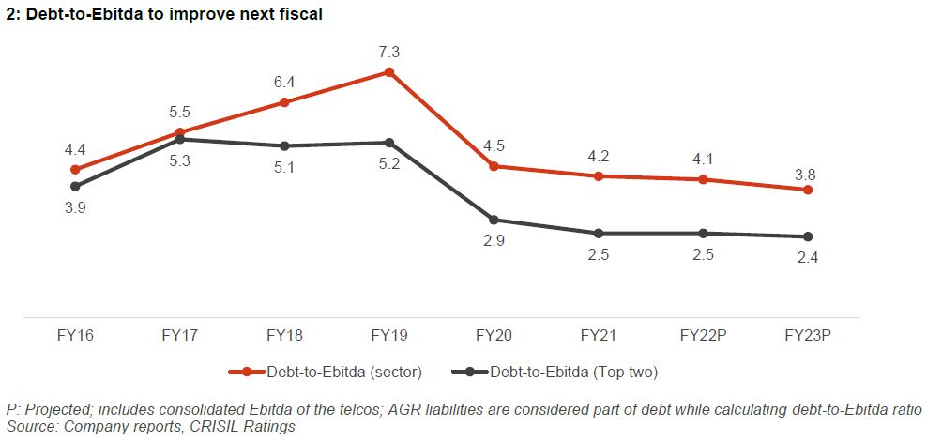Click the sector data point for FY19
point(388,71)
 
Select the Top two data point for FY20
point(494,220)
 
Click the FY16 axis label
point(75,335)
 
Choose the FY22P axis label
point(703,335)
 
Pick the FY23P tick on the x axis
point(808,335)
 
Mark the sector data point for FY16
point(75,170)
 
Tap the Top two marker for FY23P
point(808,236)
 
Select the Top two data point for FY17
point(179,139)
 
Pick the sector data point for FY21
point(598,176)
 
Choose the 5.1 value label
point(284,169)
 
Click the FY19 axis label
point(388,335)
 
